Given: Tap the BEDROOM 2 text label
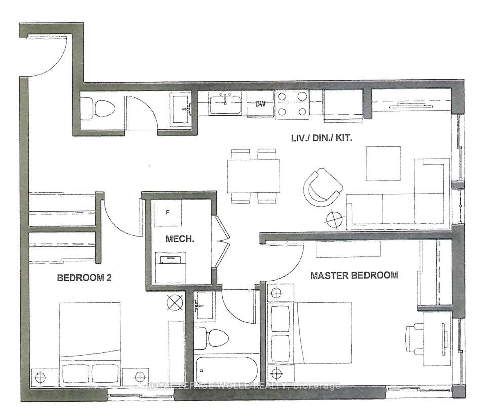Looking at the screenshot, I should coord(84,278).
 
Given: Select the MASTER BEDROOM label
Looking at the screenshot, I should coord(354,276).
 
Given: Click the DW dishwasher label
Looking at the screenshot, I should coord(261,104).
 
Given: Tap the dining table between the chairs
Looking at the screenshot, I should coord(254,175).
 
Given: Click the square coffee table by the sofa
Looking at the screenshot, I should coord(383,163).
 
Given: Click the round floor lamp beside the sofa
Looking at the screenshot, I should coord(334,219).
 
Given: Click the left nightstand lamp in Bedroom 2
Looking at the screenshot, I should coord(40,377).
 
